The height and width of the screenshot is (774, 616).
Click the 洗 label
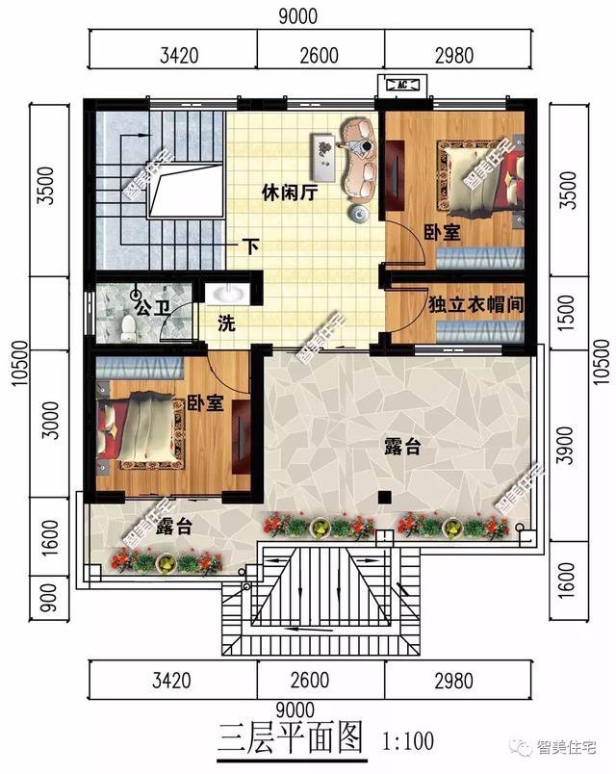tap(227, 324)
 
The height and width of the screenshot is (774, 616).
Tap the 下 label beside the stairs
tap(251, 245)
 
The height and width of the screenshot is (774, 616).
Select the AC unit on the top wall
tap(401, 86)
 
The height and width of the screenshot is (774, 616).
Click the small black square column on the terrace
tap(384, 497)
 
